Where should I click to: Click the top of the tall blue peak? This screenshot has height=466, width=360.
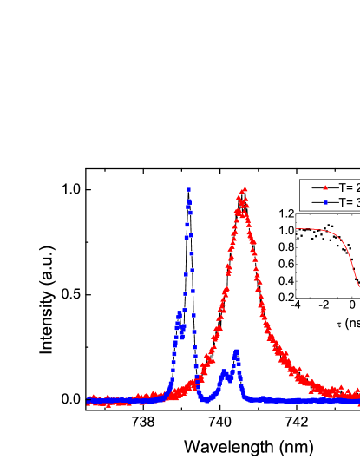click(x=188, y=188)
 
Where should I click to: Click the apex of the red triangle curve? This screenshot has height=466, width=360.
click(x=245, y=189)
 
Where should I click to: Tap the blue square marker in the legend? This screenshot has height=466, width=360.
click(x=325, y=202)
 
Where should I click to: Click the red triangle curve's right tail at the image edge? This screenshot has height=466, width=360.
click(x=357, y=395)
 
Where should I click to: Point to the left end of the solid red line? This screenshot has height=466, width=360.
click(x=296, y=229)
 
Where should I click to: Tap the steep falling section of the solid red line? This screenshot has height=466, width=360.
click(x=353, y=269)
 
